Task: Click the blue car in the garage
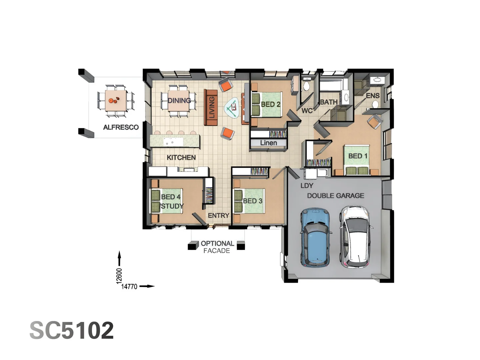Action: tap(315, 237)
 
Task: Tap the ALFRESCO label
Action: tap(121, 127)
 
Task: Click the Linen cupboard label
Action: tap(268, 143)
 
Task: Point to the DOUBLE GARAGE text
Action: tap(335, 196)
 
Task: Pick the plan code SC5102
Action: tap(72, 330)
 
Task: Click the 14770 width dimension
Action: tap(129, 286)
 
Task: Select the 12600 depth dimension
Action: tap(119, 276)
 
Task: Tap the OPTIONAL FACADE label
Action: tap(217, 247)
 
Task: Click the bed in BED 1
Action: tap(357, 160)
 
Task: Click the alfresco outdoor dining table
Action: tap(116, 100)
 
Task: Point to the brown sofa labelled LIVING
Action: tap(211, 107)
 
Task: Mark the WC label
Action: tap(307, 111)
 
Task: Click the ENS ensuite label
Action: tap(373, 96)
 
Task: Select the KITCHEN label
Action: tap(181, 157)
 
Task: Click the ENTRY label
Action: tap(218, 216)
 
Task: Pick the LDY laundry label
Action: tap(307, 186)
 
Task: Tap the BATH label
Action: tap(329, 102)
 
